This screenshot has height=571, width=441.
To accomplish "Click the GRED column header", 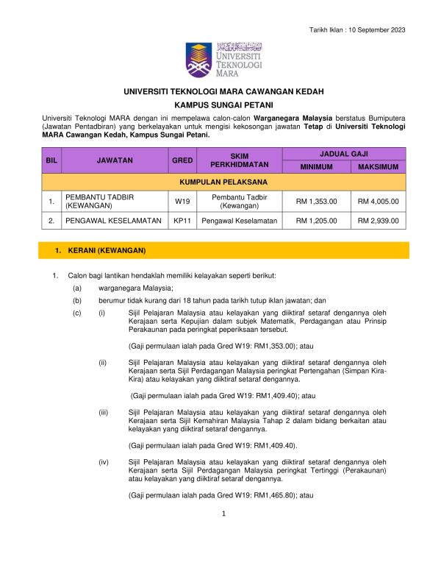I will [x=182, y=160].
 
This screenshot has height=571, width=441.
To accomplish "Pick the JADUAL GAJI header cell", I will [x=344, y=153].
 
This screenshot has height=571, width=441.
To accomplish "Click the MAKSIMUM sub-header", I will [x=378, y=167].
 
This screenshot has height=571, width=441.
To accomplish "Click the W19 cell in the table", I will [x=182, y=201].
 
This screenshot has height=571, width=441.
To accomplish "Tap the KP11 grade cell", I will [x=182, y=220].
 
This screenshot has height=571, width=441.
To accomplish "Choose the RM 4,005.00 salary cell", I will [x=378, y=201].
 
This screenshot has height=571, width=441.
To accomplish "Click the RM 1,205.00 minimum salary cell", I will [x=316, y=220].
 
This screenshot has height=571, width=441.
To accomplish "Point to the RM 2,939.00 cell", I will [x=378, y=220].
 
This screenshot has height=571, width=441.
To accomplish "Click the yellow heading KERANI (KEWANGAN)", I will [x=102, y=252].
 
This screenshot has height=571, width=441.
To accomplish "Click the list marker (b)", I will [x=77, y=300].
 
